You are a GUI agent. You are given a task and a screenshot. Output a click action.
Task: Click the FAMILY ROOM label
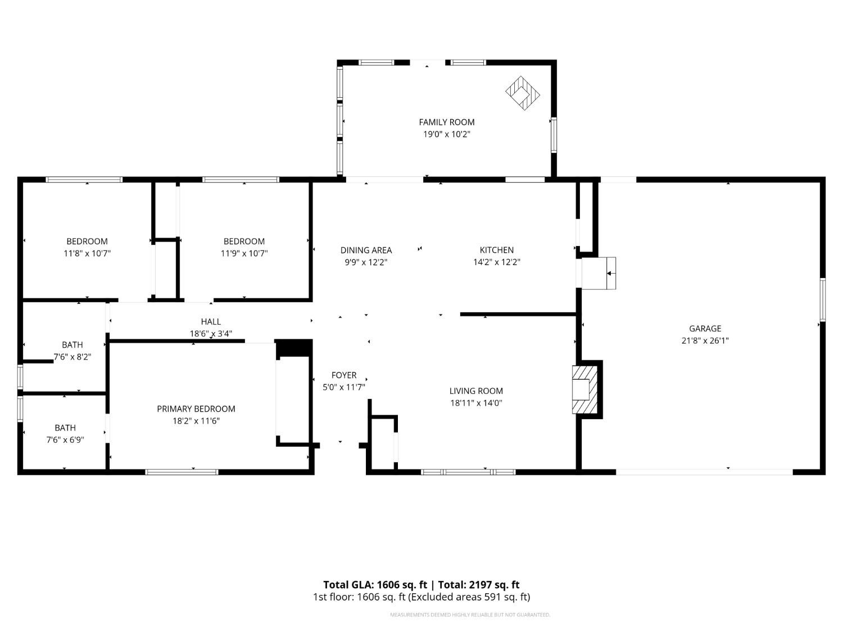(x=446, y=122)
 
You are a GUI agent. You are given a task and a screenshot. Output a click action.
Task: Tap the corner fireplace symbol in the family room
(x=522, y=93)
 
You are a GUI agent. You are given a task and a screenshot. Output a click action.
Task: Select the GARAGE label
(x=705, y=329)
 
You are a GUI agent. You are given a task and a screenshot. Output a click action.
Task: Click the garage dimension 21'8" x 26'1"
(x=705, y=340)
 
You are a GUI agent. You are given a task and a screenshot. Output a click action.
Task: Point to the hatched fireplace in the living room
(x=584, y=389)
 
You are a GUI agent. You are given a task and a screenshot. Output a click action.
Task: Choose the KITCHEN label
(x=497, y=250)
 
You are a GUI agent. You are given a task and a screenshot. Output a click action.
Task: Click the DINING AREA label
(x=366, y=250)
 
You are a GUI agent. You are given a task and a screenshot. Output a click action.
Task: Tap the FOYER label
(x=344, y=375)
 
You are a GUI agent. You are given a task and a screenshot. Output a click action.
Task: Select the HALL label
(x=211, y=321)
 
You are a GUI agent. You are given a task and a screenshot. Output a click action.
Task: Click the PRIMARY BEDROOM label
(x=196, y=408)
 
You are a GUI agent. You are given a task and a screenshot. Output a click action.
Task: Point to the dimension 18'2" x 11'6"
(x=196, y=421)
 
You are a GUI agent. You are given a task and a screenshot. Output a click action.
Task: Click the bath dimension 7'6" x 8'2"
(x=72, y=357)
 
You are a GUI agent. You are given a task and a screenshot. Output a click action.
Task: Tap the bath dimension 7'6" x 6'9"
(x=65, y=440)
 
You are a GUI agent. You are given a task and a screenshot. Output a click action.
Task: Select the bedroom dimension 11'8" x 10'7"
(x=87, y=253)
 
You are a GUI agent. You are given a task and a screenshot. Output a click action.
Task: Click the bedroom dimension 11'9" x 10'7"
(x=244, y=253)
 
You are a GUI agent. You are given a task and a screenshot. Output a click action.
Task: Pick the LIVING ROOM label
(x=476, y=390)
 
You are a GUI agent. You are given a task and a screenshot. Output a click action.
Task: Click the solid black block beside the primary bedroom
(x=294, y=348)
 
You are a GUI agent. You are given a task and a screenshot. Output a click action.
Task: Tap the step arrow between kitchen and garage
(x=611, y=273)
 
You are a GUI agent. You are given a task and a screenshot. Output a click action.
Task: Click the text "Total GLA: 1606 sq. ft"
(x=375, y=584)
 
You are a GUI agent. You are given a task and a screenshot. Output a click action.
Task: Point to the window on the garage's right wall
(x=823, y=299)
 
